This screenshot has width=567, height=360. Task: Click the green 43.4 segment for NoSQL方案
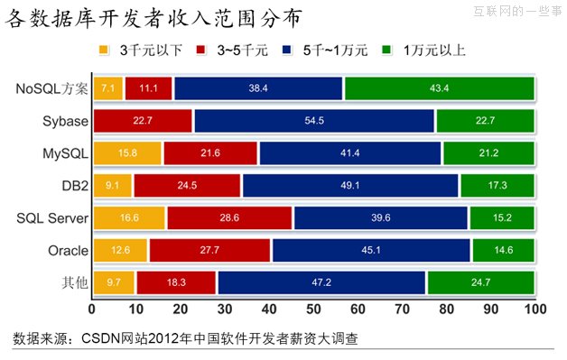(x=440, y=88)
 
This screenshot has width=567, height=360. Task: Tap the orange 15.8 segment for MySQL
(x=126, y=153)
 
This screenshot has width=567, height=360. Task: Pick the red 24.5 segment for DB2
(x=187, y=186)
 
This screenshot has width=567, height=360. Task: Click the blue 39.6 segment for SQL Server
(x=380, y=218)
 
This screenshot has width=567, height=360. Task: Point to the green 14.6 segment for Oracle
(x=503, y=251)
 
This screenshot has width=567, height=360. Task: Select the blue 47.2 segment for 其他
(x=321, y=283)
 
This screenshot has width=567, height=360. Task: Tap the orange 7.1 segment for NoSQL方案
(x=108, y=88)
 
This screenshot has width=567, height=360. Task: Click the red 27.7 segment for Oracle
(x=209, y=251)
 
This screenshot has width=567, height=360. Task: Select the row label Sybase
(x=64, y=121)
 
